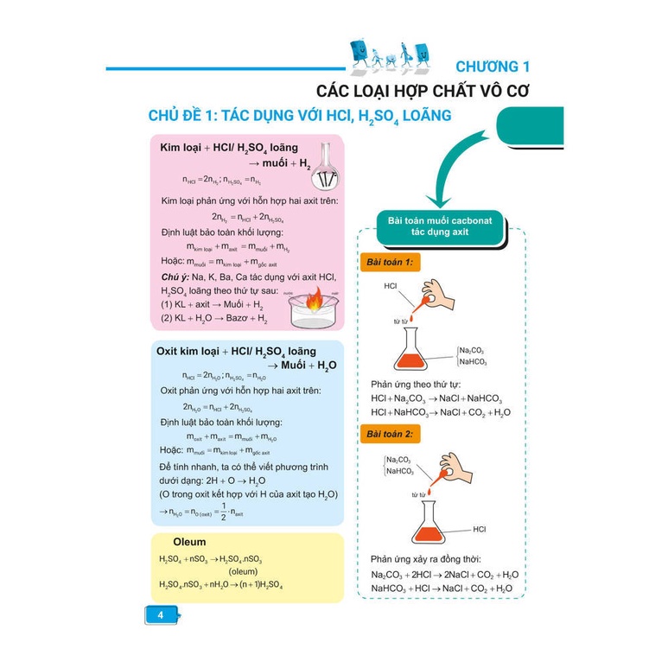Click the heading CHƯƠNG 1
point(492,67)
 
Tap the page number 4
point(160,615)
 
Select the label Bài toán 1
point(390,262)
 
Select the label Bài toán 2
point(390,432)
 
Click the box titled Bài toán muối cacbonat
point(440,227)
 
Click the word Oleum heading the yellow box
point(189,542)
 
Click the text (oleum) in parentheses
point(245,571)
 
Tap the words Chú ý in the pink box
point(175,276)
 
